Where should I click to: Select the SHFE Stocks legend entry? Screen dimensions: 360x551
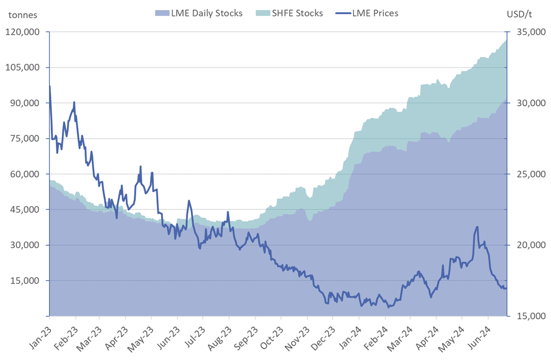pos(296,13)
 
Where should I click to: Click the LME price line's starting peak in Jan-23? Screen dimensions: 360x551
pos(50,86)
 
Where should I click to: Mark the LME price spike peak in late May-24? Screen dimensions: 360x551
pos(478,227)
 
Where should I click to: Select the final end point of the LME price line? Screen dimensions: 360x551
pos(507,288)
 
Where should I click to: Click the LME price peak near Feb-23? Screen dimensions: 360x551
pos(74,102)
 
